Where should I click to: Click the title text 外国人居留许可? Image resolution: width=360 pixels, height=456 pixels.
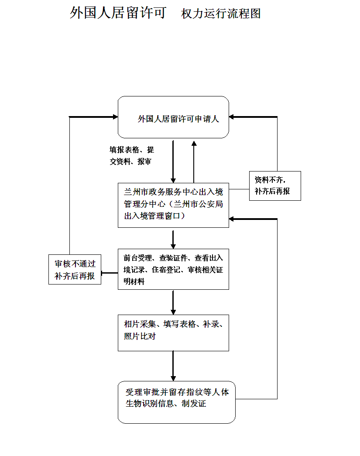118,13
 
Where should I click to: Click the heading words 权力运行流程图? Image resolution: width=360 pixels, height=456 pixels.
221,14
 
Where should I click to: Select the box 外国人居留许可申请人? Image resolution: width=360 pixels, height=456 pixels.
173,117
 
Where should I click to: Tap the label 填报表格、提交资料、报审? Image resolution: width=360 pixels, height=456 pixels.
132,156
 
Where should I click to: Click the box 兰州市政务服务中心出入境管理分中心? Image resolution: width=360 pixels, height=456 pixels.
173,206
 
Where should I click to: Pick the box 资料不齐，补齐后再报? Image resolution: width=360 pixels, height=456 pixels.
275,186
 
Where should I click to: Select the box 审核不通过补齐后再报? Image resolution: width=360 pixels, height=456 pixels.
75,270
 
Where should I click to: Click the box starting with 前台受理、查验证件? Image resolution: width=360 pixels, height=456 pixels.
173,269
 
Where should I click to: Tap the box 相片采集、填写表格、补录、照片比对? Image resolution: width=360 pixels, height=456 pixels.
173,333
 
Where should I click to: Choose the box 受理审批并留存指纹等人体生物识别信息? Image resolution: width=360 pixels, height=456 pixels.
177,402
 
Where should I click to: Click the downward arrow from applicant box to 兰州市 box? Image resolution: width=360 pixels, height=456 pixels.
173,162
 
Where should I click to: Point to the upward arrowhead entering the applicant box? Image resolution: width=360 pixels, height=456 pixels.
194,143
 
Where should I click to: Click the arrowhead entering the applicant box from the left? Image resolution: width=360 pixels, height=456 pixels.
116,117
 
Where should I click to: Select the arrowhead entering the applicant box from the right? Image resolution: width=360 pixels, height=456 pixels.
231,117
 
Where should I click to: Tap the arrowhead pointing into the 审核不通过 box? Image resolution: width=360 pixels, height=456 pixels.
103,273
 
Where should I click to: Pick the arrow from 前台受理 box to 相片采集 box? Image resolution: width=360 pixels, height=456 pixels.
173,302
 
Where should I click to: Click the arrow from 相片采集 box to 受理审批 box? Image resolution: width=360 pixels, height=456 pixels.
173,366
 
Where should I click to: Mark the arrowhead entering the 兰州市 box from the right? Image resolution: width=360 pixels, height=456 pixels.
231,219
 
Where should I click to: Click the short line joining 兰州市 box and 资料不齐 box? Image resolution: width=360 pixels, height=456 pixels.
239,189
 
